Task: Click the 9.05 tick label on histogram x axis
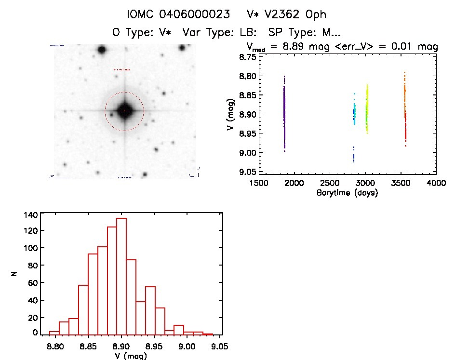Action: coord(219,346)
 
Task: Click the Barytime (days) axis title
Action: coord(347,193)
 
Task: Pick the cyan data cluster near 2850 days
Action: coord(355,114)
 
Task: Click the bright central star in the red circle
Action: coord(124,111)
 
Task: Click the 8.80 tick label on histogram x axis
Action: coord(56,346)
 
